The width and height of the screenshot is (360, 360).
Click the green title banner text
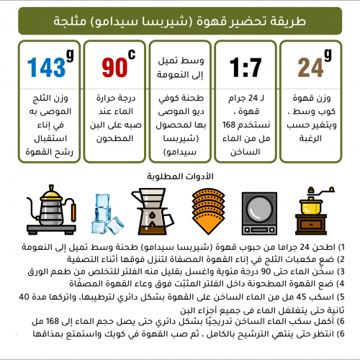[x=180, y=22]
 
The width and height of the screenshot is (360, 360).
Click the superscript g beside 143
[x=69, y=55]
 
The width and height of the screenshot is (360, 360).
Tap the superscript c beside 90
[x=132, y=55]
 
